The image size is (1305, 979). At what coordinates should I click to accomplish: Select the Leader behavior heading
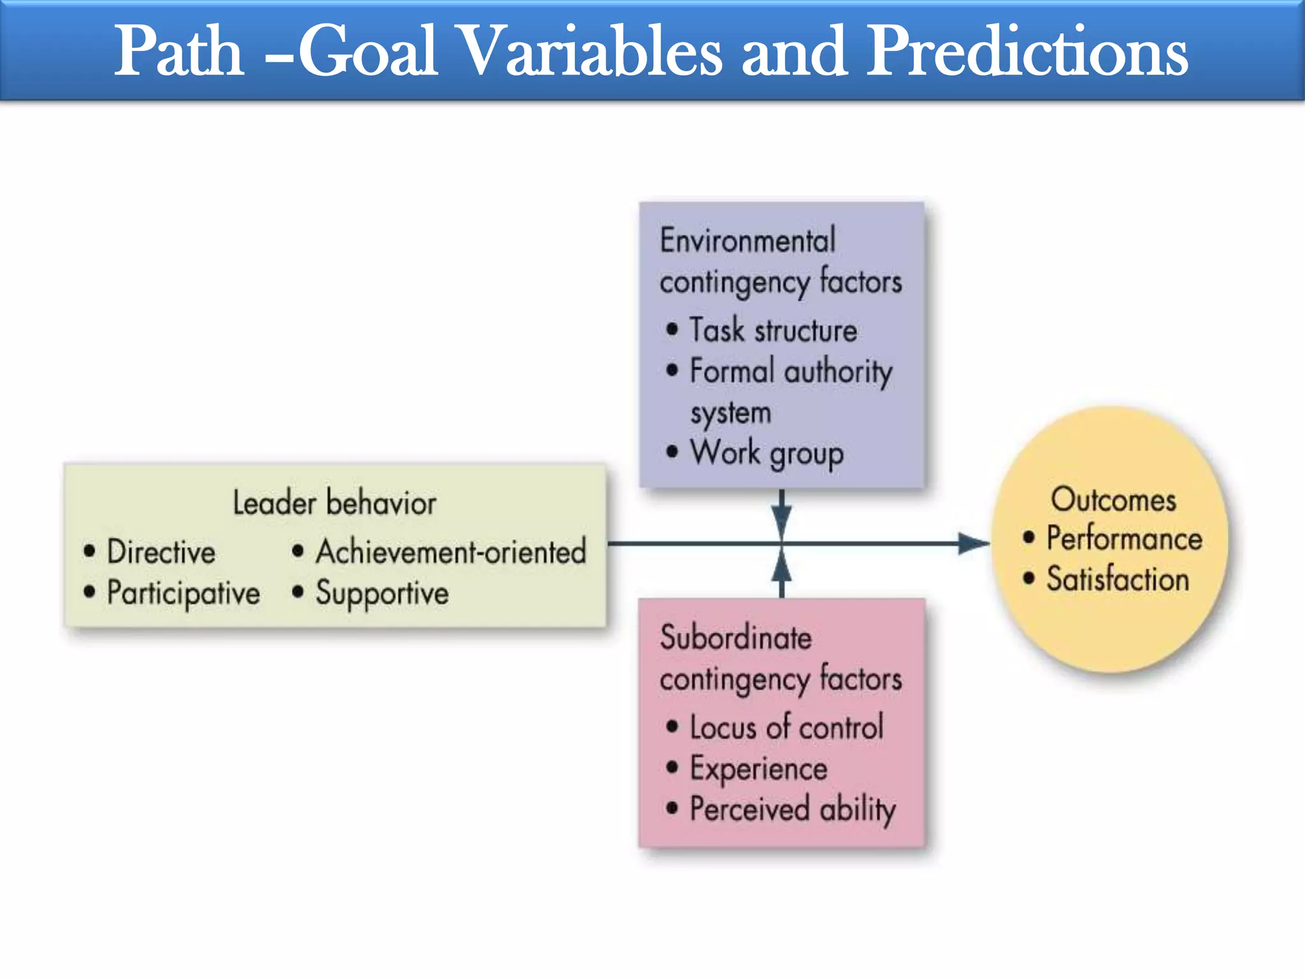[335, 503]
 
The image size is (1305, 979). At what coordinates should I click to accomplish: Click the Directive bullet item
[161, 552]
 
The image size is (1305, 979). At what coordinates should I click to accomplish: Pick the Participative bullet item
[184, 593]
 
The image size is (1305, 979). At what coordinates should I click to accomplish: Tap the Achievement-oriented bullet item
[451, 552]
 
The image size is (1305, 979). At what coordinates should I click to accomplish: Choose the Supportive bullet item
[382, 593]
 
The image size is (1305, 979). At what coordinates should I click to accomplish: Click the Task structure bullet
[773, 330]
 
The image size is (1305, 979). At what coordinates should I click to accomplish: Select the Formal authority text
[791, 372]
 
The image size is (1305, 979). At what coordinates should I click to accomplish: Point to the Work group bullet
[767, 453]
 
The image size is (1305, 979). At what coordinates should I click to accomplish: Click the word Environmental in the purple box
[747, 241]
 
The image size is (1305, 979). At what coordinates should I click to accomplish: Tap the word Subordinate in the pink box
[736, 638]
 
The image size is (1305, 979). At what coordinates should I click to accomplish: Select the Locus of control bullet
[786, 727]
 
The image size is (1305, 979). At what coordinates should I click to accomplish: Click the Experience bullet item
[758, 769]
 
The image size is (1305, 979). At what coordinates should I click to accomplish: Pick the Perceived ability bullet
[793, 809]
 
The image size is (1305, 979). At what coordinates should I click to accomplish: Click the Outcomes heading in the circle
[1113, 499]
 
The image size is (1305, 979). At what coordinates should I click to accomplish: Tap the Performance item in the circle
[1124, 539]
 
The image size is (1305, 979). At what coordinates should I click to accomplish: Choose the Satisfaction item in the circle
[1118, 579]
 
